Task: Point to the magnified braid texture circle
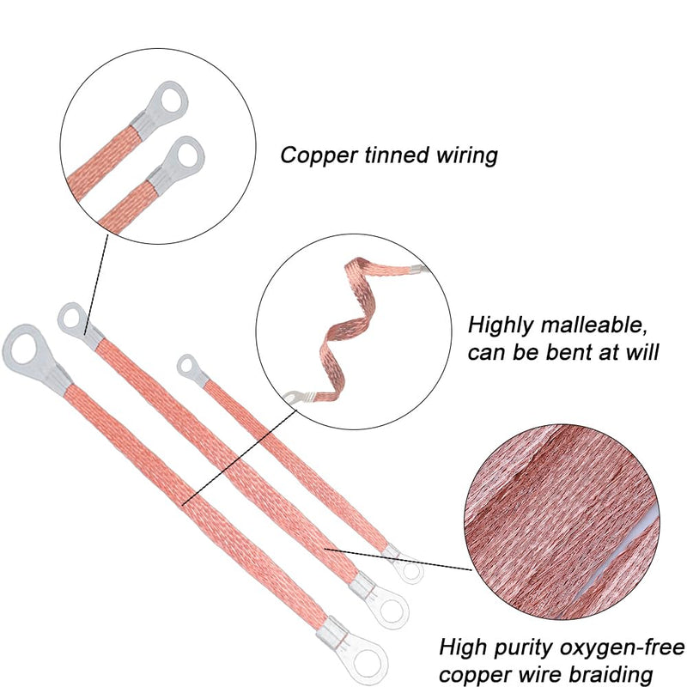(x=562, y=522)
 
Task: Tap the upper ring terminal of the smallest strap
(x=192, y=369)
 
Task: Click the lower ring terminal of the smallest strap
(x=404, y=564)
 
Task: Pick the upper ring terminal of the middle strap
(x=80, y=325)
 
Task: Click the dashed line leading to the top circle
(x=96, y=285)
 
